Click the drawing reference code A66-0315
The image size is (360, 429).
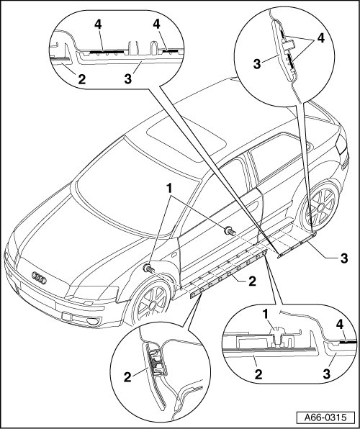pos(325,417)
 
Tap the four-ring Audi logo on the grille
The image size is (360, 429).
pos(39,278)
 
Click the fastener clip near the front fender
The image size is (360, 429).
pos(148,268)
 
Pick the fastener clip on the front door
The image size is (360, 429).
pos(230,232)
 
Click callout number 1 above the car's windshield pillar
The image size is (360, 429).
pos(170,189)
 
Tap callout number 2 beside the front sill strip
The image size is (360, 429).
pos(252,281)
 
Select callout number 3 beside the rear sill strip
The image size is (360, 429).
pos(344,258)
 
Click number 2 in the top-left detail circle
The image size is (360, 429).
pos(81,79)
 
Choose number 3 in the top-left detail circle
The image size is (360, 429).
pos(128,79)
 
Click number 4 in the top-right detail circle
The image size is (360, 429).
pos(321,38)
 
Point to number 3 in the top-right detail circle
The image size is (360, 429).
pos(257,64)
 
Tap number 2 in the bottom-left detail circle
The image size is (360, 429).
pos(127,377)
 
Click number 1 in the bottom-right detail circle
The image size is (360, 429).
pos(265,315)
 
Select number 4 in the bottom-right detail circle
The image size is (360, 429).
pos(339,325)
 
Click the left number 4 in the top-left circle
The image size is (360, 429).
pos(98,24)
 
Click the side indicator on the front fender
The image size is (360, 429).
pos(173,256)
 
